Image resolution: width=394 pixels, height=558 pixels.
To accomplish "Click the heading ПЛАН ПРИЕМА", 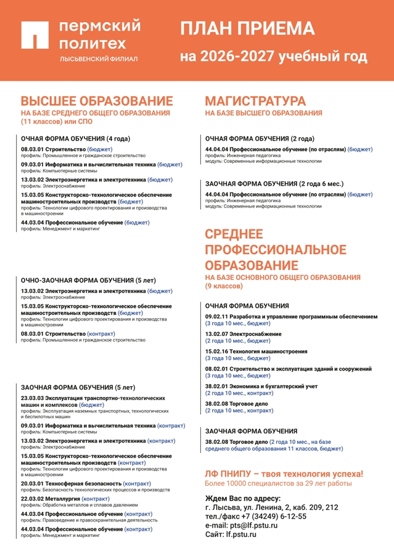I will coord(247,28).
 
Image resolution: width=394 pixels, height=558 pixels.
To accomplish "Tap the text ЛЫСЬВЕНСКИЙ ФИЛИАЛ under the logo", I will coord(98,59).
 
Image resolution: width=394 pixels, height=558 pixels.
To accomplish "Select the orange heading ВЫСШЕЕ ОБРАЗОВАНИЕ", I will coord(97,101).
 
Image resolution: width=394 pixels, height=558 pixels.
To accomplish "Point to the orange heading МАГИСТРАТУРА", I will coord(255,101).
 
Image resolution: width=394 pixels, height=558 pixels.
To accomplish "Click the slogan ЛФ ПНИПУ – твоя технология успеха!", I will coord(284,474).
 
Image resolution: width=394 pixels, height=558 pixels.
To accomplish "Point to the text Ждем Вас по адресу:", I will coord(242,498).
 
